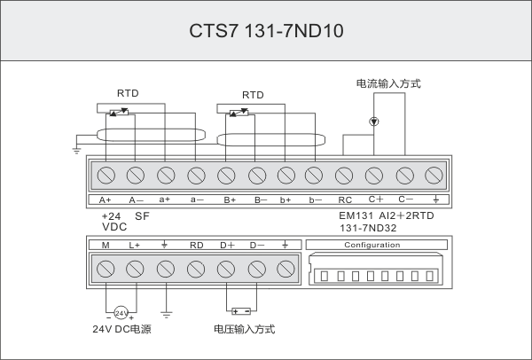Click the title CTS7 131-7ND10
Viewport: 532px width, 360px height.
tap(266, 30)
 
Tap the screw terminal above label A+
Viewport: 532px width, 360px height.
tap(106, 174)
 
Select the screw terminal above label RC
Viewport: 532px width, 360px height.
tap(345, 174)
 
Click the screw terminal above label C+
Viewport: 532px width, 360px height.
tap(374, 174)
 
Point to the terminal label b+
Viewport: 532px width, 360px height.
tap(286, 200)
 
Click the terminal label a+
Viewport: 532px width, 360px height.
tap(165, 200)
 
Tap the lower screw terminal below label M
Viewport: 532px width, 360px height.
tap(106, 268)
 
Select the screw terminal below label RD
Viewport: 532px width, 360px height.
tap(196, 268)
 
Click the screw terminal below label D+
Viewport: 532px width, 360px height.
tap(226, 268)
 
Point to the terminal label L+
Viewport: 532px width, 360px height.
tap(135, 245)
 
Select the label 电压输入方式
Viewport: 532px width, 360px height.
tap(245, 330)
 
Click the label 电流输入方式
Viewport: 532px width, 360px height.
tap(388, 84)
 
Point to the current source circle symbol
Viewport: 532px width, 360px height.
tap(374, 121)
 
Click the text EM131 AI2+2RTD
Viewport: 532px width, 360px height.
tap(387, 215)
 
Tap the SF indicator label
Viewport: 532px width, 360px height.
tap(141, 215)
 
